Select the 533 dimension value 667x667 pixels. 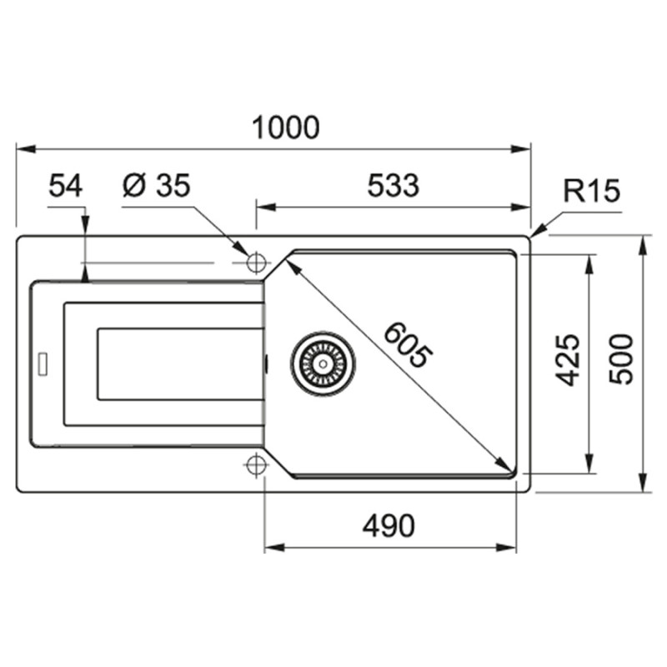393,185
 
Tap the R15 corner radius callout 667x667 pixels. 591,192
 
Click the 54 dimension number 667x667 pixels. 66,185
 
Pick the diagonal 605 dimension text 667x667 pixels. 409,345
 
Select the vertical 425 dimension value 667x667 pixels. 568,359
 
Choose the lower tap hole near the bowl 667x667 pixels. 256,464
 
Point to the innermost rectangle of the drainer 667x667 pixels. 180,364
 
